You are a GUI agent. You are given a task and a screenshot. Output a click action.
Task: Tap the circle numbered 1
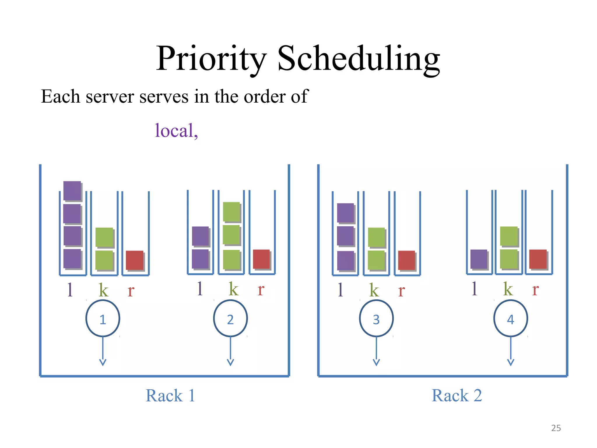point(103,318)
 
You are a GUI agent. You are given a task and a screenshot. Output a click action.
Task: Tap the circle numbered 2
point(230,318)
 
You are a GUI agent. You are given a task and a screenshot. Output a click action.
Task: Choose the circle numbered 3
point(376,318)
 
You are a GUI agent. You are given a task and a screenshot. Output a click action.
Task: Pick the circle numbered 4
point(510,318)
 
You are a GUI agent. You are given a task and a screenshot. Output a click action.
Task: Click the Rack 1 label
point(170,395)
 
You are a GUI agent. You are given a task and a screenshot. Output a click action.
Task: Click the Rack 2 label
point(456,395)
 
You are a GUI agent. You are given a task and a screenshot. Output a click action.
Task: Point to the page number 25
point(556,428)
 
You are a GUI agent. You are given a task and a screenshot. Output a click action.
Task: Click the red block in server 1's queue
point(134,260)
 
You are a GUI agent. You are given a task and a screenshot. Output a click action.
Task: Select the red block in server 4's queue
point(538,259)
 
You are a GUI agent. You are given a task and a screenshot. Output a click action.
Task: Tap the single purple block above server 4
point(479,259)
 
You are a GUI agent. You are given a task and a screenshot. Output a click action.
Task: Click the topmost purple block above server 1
point(72,191)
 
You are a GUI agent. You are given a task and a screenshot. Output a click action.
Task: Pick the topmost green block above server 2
point(231,211)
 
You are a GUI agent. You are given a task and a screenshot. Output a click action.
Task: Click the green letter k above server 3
point(374,290)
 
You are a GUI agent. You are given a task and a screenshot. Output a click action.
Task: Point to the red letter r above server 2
point(261,289)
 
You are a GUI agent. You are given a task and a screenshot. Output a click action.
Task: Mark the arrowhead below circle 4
point(510,362)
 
